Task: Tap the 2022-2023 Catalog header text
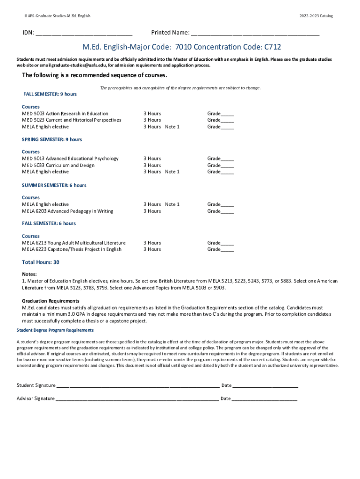[x=316, y=16]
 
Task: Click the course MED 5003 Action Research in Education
[x=65, y=114]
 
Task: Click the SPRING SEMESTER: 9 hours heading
[x=52, y=139]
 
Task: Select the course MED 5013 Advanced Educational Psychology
[x=70, y=159]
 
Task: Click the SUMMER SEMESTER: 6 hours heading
[x=54, y=185]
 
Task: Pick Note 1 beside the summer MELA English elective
[x=172, y=204]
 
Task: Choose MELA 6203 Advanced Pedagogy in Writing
[x=67, y=211]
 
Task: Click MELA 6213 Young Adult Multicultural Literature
[x=74, y=243]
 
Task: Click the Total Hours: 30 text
[x=41, y=262]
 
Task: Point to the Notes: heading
[x=29, y=274]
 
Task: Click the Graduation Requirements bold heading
[x=50, y=301]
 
